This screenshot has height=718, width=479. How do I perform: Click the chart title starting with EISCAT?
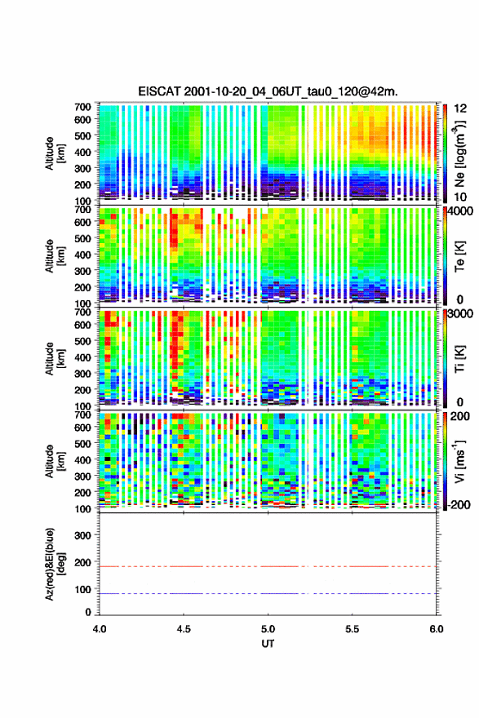point(268,91)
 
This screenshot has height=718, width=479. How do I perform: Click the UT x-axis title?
point(268,644)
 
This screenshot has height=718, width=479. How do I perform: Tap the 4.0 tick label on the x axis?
point(100,629)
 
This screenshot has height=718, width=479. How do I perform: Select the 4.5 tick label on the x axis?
point(184,629)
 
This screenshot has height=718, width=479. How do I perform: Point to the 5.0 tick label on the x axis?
point(268,629)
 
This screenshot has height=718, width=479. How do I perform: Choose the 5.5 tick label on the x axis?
point(353,629)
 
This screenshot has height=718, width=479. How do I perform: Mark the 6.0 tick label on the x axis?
point(437,629)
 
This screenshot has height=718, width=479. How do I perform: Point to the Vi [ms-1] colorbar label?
point(459,461)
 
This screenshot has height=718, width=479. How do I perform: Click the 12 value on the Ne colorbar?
point(461,108)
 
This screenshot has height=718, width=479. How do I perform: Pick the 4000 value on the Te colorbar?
point(457,211)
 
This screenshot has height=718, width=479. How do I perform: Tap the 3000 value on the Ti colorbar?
point(457,313)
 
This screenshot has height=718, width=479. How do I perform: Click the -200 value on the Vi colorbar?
point(457,504)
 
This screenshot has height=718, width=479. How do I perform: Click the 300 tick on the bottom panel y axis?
point(83,535)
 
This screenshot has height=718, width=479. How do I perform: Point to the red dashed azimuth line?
point(268,566)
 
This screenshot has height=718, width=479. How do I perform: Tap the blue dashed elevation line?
point(268,593)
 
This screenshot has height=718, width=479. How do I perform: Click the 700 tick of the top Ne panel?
point(83,107)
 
